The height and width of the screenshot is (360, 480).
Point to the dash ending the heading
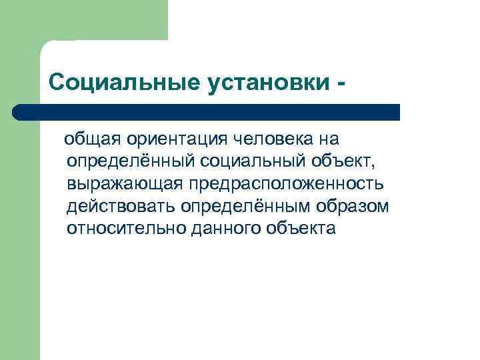342,84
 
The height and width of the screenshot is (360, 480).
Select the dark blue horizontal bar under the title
207,112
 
